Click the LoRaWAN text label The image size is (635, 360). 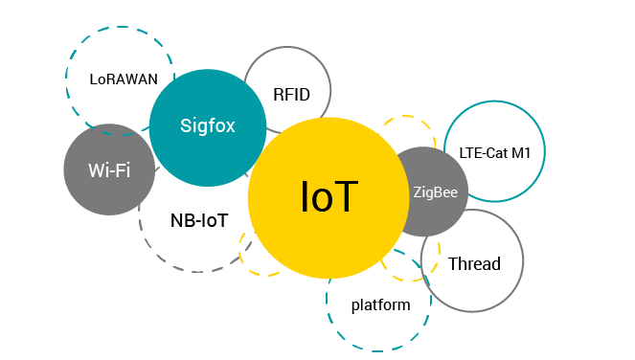tap(124, 79)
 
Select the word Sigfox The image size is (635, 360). tap(207, 126)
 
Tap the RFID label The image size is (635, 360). tap(291, 95)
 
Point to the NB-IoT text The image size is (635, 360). tap(199, 221)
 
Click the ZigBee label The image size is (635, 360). tap(436, 192)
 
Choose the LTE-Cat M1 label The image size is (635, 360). tap(494, 153)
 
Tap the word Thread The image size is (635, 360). tap(474, 264)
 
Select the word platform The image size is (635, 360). tap(380, 304)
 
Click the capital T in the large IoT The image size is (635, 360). tap(344, 196)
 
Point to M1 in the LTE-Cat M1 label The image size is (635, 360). tap(521, 153)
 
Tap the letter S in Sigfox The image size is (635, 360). tap(186, 126)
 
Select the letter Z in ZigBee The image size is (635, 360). tap(418, 191)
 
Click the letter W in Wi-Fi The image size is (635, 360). tap(97, 170)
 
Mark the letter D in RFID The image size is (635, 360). tap(305, 95)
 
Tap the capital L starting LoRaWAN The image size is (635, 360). tap(93, 79)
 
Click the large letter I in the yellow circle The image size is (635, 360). tap(305, 196)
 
